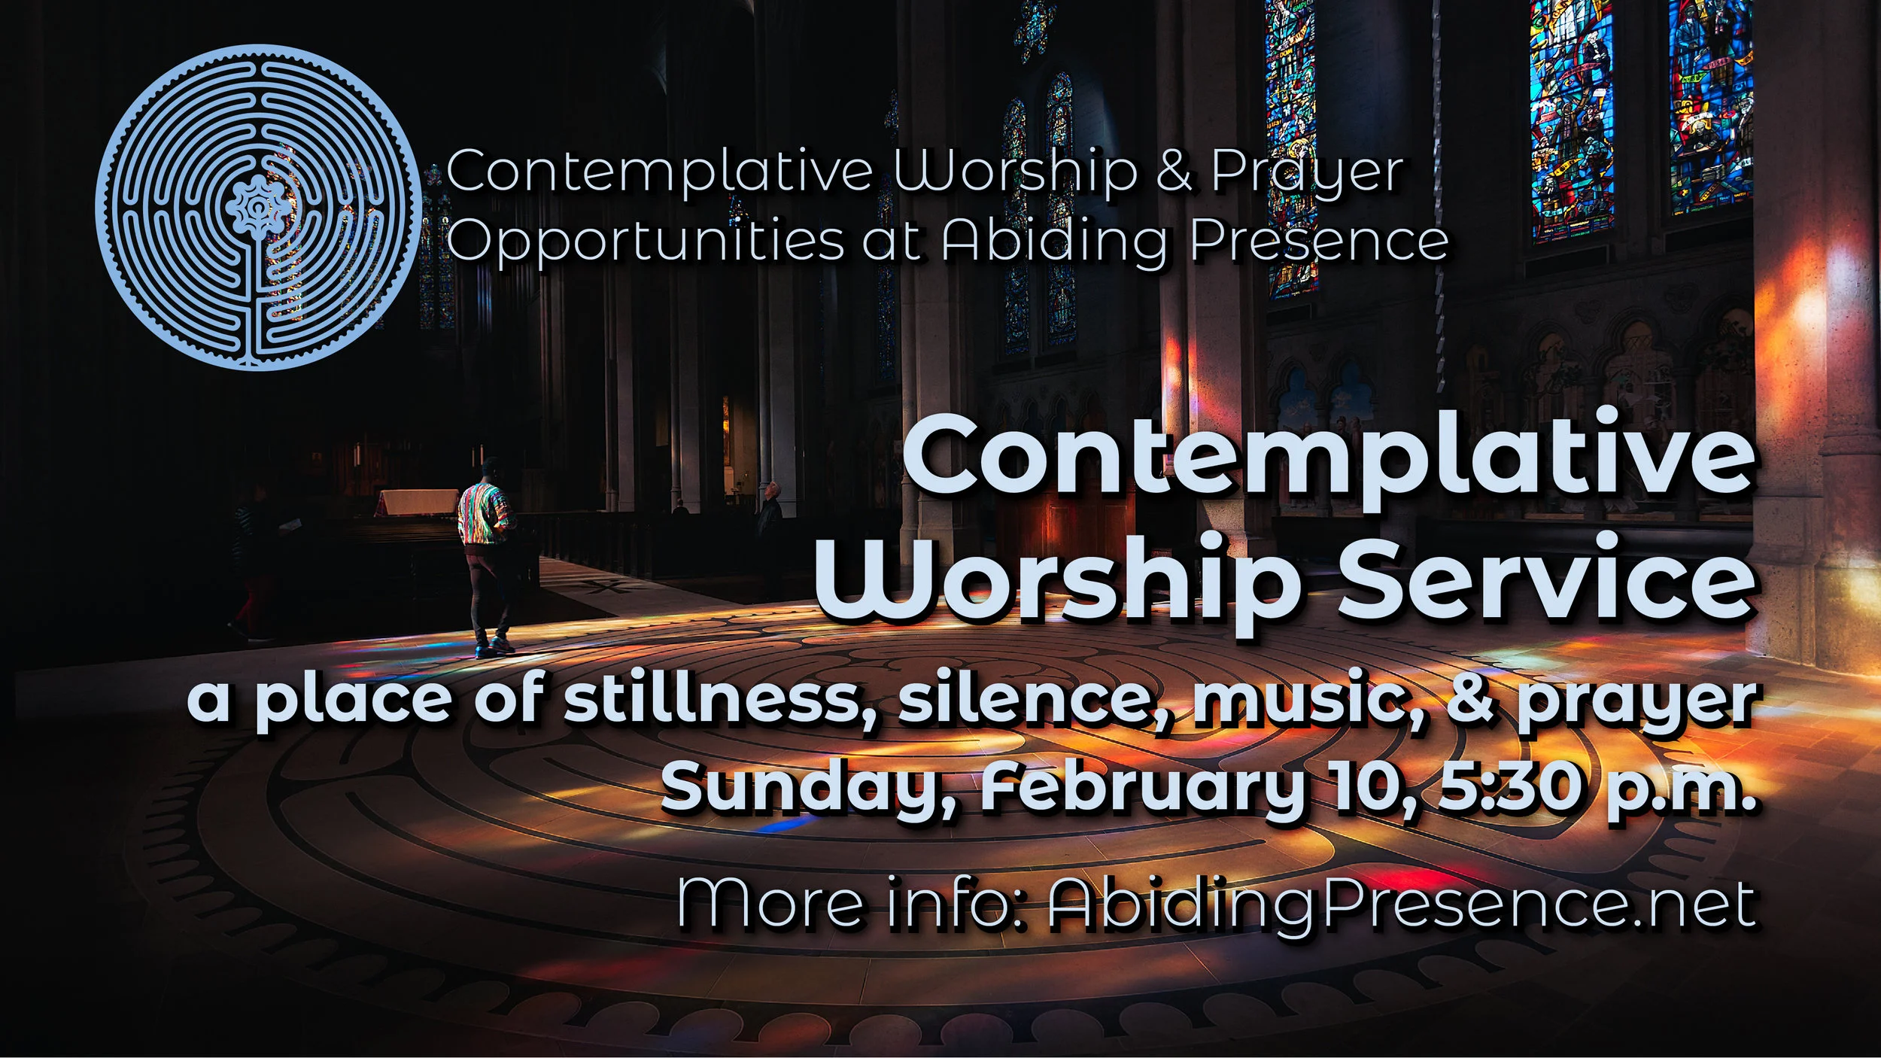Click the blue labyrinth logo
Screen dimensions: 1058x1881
click(x=258, y=208)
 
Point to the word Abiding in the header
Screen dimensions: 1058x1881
click(x=1054, y=242)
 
